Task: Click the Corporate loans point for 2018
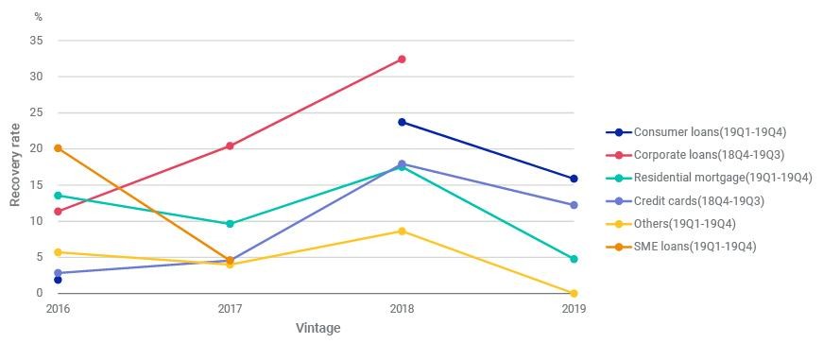click(402, 60)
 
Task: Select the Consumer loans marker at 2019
click(574, 179)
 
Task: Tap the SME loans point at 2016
click(59, 148)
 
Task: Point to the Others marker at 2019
click(574, 293)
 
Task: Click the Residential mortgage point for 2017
click(230, 224)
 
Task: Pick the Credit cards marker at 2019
click(574, 205)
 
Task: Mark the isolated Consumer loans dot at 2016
click(59, 281)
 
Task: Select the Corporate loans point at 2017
click(230, 146)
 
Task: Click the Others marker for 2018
click(402, 231)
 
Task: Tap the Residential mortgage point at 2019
click(574, 259)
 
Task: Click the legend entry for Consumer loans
click(696, 132)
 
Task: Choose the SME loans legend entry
click(681, 247)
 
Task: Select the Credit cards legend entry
click(685, 201)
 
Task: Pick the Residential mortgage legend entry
click(709, 178)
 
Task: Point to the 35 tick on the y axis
click(36, 41)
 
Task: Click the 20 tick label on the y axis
click(36, 149)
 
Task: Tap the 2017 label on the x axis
click(230, 310)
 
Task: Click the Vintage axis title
click(318, 329)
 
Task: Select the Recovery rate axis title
click(15, 164)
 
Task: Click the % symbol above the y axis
click(39, 17)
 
